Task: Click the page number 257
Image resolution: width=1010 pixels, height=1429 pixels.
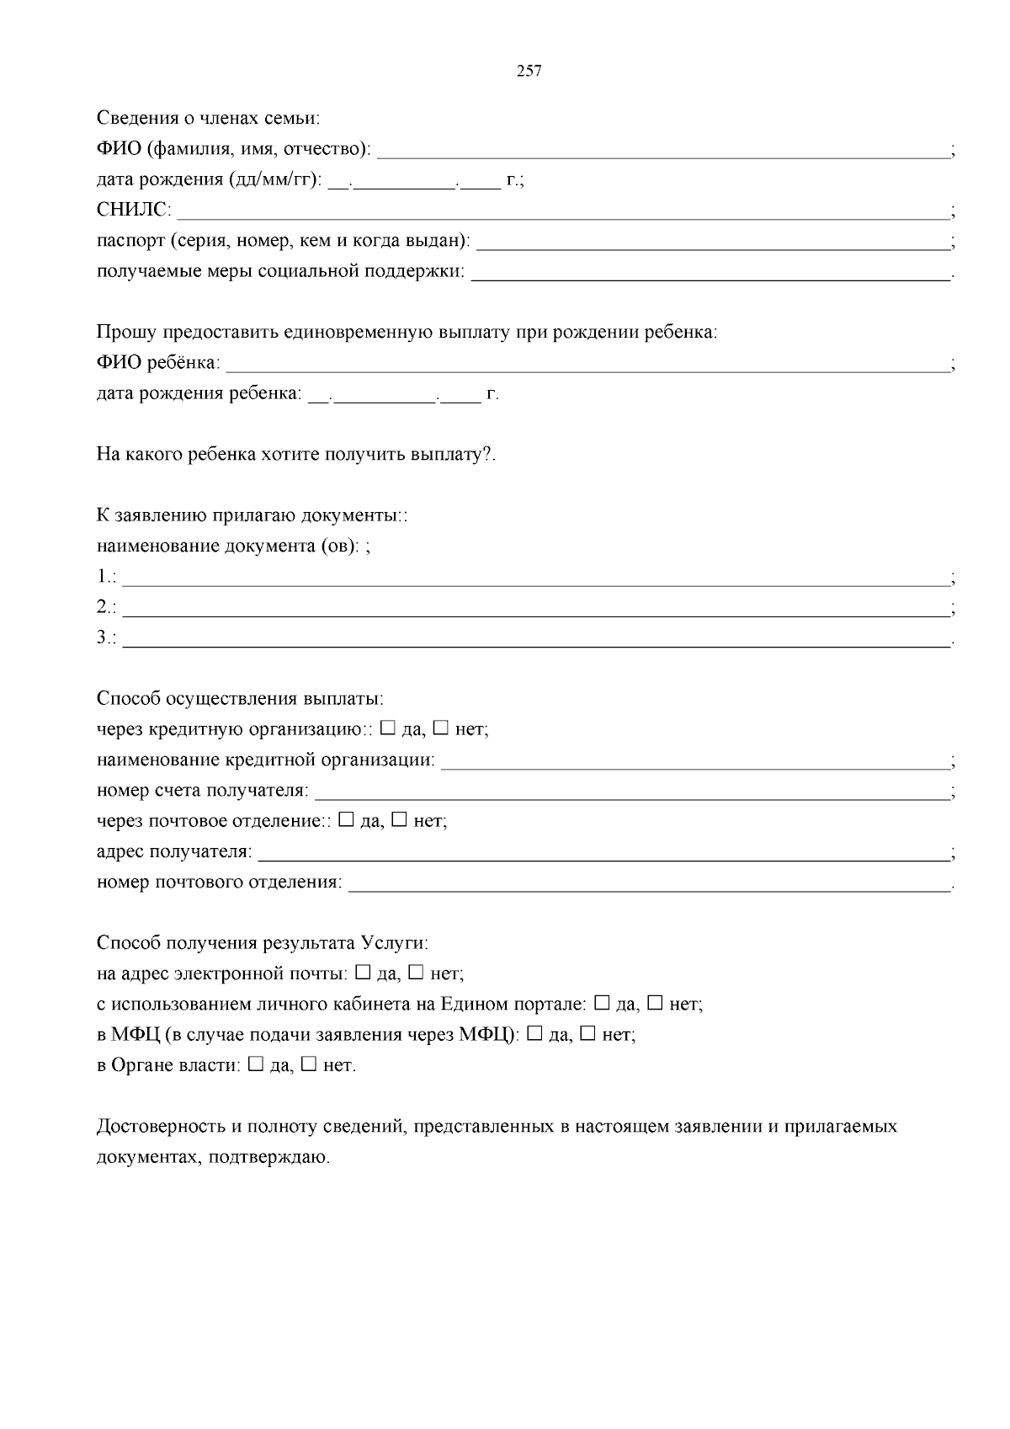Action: coord(529,72)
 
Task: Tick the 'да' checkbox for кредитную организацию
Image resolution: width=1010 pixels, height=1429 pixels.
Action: coord(388,728)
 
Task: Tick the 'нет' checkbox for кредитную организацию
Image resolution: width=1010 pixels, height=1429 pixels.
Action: coord(440,728)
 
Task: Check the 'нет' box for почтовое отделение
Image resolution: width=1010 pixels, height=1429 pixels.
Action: coord(399,819)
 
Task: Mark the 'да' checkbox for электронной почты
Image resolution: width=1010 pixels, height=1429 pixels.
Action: coord(363,973)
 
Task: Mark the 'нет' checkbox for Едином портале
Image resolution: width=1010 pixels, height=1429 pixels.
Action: coord(655,1003)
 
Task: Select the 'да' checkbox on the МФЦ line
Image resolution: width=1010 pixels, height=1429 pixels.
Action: coord(534,1033)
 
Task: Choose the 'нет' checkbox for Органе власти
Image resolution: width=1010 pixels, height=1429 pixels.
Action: coord(308,1064)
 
